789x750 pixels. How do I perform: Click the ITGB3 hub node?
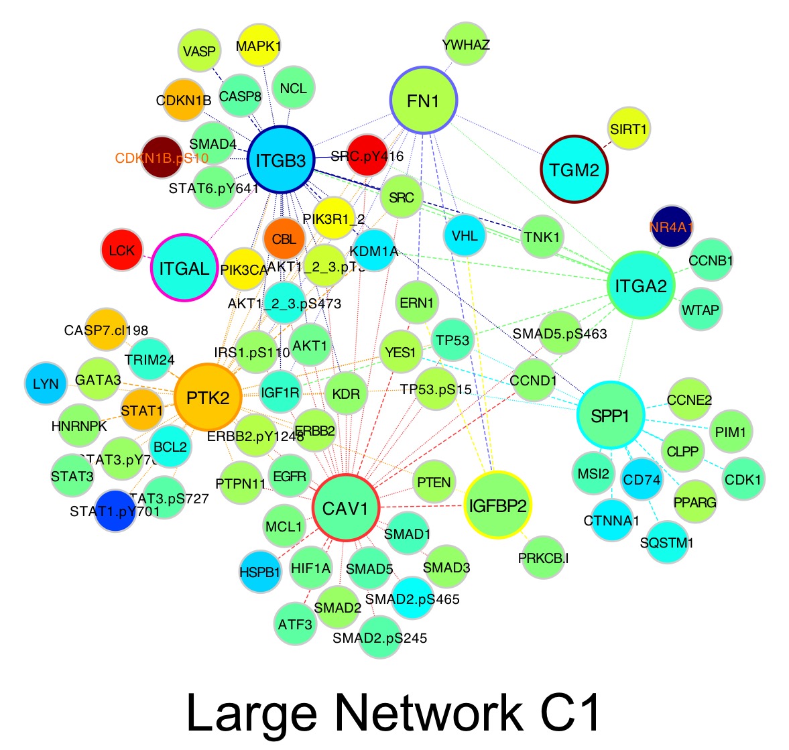coord(281,160)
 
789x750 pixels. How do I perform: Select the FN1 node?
coord(424,101)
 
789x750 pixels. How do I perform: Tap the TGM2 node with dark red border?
coord(574,170)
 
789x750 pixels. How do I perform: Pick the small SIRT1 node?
coord(628,129)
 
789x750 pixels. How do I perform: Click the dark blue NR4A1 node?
coord(671,226)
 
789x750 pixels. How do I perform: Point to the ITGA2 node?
coord(641,286)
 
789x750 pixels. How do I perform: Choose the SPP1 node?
coord(611,416)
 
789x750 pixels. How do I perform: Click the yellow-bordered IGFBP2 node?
coord(498,505)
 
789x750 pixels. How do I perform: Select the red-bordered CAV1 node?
coord(346,508)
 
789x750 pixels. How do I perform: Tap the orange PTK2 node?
coord(208,398)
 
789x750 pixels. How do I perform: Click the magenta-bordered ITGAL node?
coord(184,269)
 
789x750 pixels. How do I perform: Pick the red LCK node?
coord(122,251)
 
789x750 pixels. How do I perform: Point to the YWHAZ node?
coord(466,45)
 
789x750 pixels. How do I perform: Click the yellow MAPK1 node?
coord(259,46)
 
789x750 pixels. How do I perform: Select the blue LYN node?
coord(46,384)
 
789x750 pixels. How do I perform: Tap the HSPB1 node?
coord(259,572)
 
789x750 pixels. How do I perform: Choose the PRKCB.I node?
coord(543,557)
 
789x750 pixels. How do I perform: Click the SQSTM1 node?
coord(667,542)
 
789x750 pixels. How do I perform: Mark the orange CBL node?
coord(284,239)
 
